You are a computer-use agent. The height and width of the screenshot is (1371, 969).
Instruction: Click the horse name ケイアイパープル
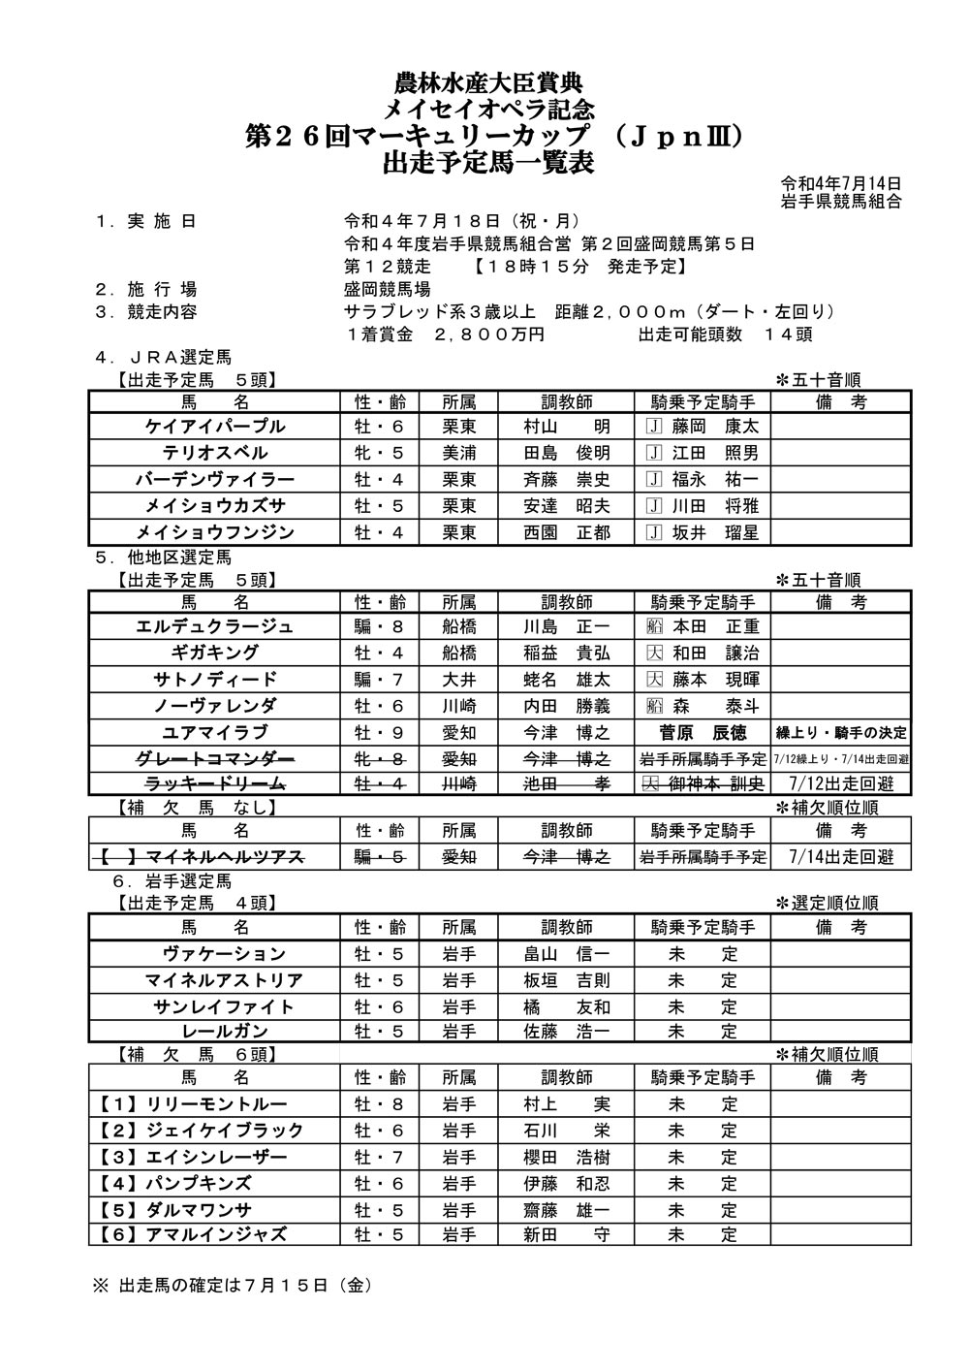point(215,427)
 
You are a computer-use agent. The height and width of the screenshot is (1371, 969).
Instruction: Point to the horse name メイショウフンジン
point(215,531)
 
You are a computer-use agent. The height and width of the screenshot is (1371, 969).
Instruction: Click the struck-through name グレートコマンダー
point(215,758)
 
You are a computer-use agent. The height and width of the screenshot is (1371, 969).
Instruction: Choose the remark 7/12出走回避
point(841,783)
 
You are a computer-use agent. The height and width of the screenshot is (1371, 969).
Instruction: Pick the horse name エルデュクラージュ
point(215,626)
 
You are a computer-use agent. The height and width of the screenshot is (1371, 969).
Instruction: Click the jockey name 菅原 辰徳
point(703,732)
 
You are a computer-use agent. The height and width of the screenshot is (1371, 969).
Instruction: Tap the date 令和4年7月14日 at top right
point(841,183)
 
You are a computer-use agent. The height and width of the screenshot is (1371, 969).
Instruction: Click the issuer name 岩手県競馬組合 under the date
point(841,201)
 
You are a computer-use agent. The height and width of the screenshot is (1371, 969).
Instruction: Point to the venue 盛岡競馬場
point(388,289)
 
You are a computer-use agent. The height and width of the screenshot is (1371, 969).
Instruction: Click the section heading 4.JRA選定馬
point(165,358)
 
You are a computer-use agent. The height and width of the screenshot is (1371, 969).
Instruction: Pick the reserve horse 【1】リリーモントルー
point(193,1104)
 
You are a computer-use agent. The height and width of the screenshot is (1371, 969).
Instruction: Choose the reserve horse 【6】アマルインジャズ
point(193,1234)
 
